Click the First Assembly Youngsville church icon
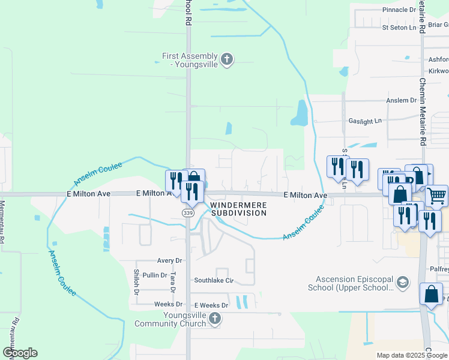pos(226,59)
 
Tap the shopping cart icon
pos(436,196)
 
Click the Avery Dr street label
pos(169,261)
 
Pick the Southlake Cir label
pos(213,280)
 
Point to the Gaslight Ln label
pos(365,121)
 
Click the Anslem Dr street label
pos(402,100)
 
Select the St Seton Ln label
pos(399,28)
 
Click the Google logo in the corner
pos(20,353)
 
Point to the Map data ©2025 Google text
pos(411,355)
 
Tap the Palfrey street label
pos(439,270)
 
